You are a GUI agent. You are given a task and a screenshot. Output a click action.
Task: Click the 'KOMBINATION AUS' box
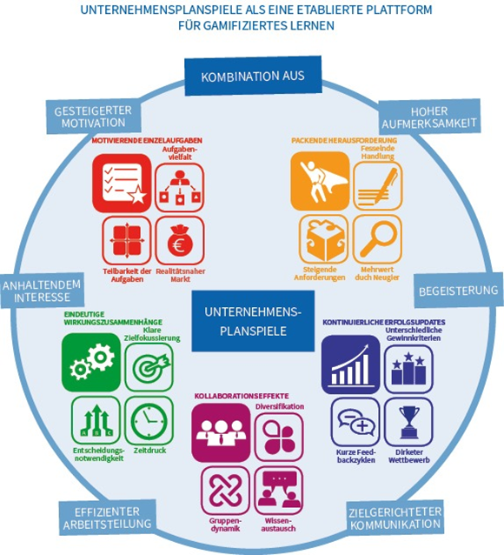(x=253, y=76)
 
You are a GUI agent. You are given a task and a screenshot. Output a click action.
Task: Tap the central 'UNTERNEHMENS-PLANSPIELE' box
(x=253, y=321)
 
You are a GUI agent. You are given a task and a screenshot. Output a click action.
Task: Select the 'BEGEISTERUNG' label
(x=459, y=291)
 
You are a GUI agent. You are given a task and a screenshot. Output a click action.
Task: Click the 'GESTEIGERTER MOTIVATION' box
(x=93, y=117)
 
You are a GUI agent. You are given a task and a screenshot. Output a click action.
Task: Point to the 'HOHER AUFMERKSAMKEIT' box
(x=429, y=117)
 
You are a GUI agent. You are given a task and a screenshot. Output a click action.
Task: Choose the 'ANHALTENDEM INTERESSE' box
(x=42, y=291)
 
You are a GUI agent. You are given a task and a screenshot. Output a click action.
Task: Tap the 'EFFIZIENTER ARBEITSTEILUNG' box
(x=107, y=518)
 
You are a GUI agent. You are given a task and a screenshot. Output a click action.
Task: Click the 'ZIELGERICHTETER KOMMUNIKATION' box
(x=395, y=518)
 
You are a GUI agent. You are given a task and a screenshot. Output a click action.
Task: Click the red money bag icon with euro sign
(x=180, y=241)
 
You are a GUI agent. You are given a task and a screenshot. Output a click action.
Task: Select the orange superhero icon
(x=320, y=181)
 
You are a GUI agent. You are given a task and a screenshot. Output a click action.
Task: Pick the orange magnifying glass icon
(x=377, y=239)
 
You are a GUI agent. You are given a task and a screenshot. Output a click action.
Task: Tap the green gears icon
(x=91, y=362)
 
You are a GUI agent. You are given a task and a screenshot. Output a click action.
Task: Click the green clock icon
(x=149, y=421)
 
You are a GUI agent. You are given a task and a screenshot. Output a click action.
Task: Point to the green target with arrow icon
(x=149, y=367)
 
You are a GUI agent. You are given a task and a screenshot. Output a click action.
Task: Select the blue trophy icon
(x=408, y=422)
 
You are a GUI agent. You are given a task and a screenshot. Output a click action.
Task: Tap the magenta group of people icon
(x=221, y=432)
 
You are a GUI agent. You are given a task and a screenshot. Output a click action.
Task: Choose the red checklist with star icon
(x=122, y=183)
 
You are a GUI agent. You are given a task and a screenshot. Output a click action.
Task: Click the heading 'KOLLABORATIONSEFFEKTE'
(x=242, y=396)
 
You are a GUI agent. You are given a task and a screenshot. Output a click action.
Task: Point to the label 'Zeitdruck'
(x=149, y=451)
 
